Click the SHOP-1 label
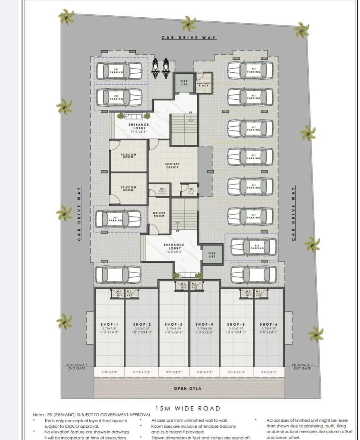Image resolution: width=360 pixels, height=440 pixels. pos(109,324)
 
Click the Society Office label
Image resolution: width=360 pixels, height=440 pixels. pos(172,165)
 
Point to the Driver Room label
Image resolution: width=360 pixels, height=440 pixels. pos(159,214)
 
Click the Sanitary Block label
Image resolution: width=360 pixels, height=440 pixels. pos(205,84)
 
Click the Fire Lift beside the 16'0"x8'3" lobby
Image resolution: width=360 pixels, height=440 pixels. pos(211,255)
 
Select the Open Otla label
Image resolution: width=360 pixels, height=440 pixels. pos(187,388)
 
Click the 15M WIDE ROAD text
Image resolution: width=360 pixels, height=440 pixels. pos(187,408)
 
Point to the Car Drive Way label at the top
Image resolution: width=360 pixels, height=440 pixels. pos(189,37)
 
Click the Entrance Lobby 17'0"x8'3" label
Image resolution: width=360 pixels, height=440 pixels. pos(139,127)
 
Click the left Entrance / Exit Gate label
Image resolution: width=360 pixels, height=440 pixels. pos(76,366)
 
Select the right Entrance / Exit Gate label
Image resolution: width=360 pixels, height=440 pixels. pos(302,366)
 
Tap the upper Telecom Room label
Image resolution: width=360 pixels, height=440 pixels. pos(128,156)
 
